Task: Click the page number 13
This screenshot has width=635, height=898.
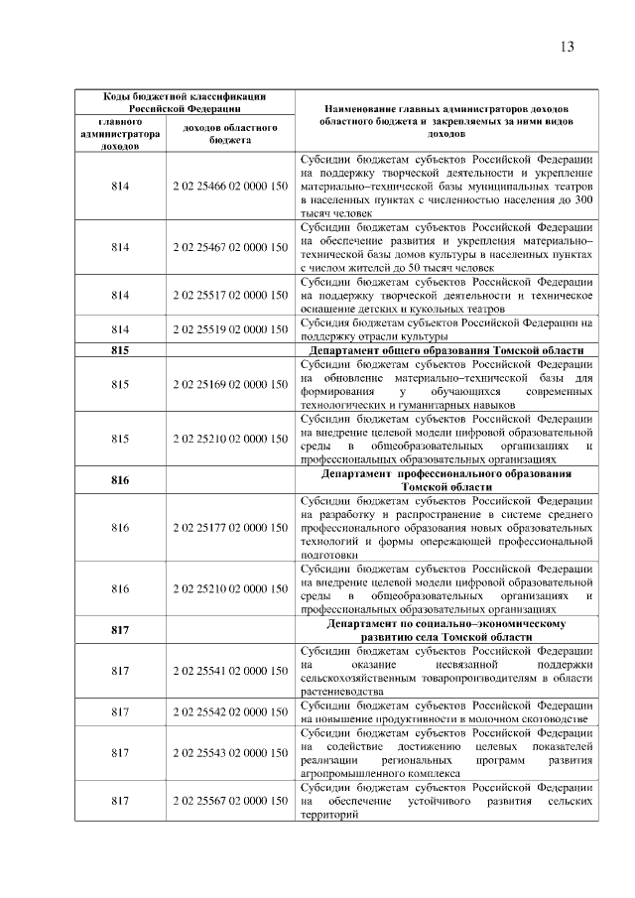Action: click(567, 47)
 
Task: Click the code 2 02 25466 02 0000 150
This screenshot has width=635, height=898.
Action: click(230, 186)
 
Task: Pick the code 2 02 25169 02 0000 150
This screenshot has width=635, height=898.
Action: click(230, 384)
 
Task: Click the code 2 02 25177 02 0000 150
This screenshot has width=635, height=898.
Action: click(230, 527)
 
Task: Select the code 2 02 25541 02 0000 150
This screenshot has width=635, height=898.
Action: click(230, 671)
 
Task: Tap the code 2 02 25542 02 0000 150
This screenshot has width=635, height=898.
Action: click(230, 711)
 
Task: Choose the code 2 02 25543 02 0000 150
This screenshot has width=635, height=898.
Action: click(230, 752)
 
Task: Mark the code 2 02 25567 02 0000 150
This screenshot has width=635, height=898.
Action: click(230, 800)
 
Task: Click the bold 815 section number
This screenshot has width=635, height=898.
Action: click(120, 350)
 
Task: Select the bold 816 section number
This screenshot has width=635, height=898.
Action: click(120, 480)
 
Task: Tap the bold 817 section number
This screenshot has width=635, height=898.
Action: click(120, 630)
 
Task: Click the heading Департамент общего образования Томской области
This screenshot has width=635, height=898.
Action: click(445, 350)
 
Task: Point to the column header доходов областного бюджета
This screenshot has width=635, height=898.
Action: click(230, 134)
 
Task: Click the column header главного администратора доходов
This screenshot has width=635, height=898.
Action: click(120, 134)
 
